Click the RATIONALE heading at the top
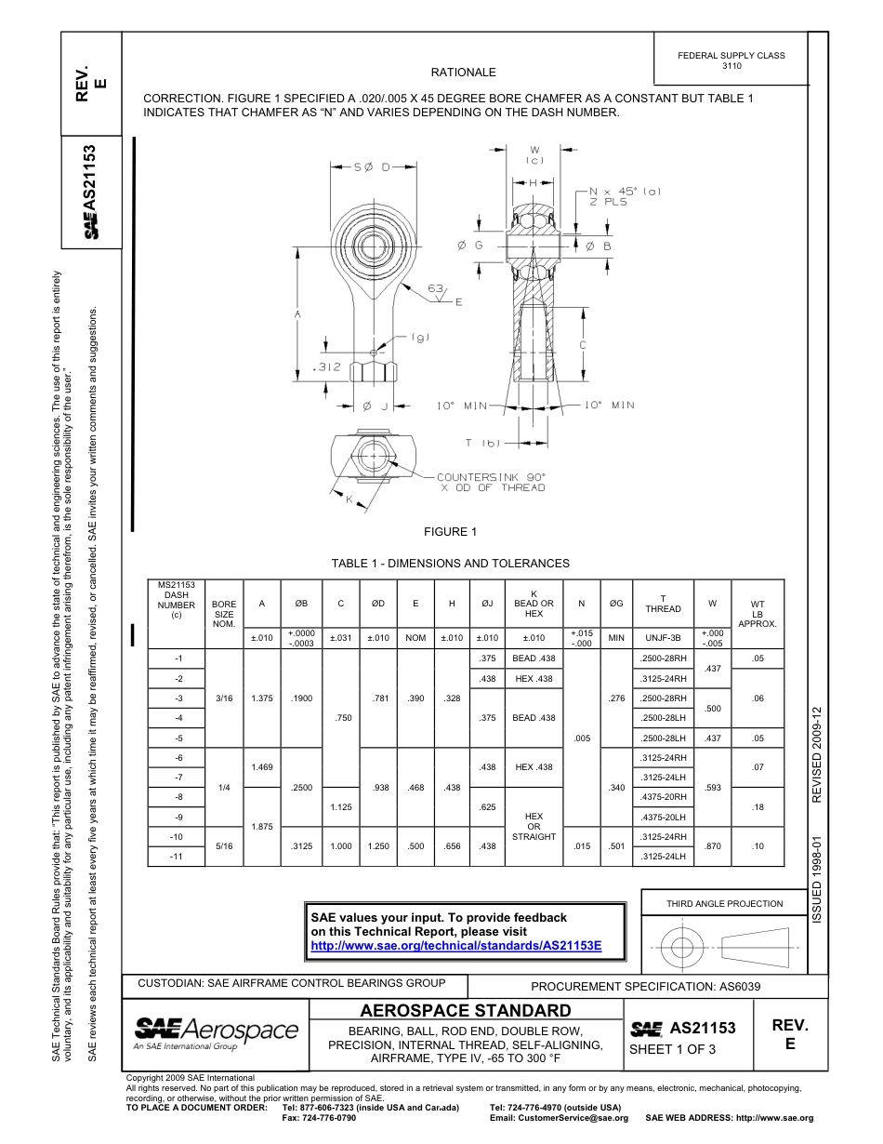click(463, 73)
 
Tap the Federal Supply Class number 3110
click(731, 67)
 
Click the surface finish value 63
click(436, 288)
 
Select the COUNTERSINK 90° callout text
click(491, 476)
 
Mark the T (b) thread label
click(483, 442)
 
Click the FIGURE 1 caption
click(450, 532)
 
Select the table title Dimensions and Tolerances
click(450, 564)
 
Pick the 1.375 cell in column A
click(262, 698)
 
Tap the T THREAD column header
click(663, 604)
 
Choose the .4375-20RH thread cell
click(663, 797)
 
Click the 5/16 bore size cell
click(224, 846)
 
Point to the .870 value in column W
click(713, 846)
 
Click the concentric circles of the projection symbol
click(682, 948)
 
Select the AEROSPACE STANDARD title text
click(466, 1011)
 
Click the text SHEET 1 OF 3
click(672, 1050)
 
